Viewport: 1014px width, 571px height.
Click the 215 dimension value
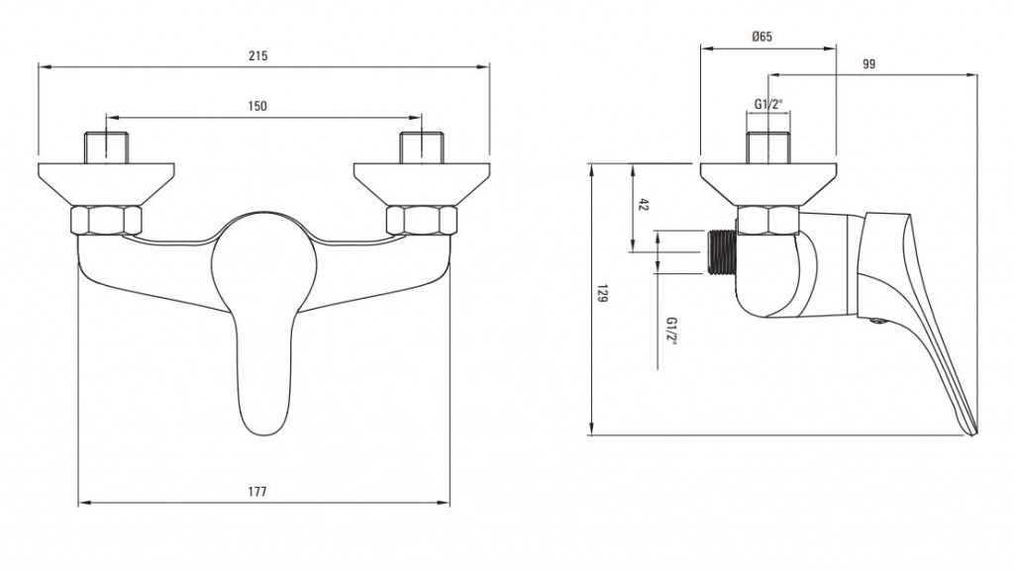258,55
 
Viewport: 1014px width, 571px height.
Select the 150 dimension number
257,106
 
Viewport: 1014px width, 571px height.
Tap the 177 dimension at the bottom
257,492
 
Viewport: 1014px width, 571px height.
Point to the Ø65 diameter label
762,37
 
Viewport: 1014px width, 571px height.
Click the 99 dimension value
869,64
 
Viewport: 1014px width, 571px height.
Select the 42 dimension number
643,205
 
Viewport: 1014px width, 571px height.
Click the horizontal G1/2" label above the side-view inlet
768,103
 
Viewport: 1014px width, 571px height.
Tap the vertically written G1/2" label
672,332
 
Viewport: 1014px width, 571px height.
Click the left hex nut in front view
105,221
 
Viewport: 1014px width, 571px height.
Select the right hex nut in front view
422,221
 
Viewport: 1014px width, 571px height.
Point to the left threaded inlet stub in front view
105,147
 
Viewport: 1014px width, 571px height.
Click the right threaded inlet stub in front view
422,147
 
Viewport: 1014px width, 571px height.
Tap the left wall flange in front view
106,185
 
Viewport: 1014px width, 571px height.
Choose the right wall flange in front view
422,185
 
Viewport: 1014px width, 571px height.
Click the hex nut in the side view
768,221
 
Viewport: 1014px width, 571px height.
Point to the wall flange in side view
768,185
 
